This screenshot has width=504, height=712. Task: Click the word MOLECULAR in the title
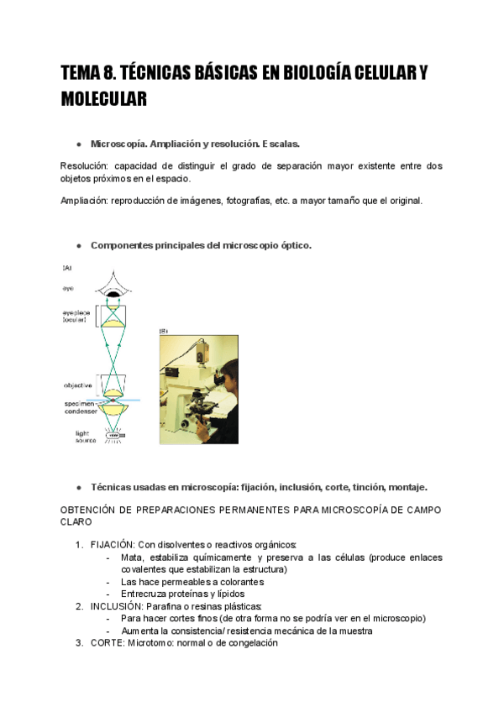(104, 99)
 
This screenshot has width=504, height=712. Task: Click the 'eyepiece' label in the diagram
(76, 312)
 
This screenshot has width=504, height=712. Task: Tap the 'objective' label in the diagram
(77, 385)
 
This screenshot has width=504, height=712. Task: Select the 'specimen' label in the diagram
(78, 403)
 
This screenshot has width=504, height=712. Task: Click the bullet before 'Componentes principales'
(78, 246)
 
